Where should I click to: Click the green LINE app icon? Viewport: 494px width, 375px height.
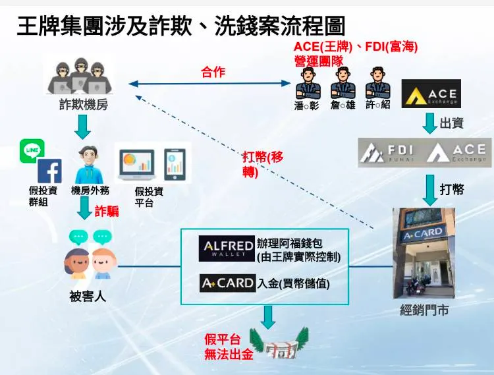32,150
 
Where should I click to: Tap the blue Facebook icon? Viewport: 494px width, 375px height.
49,171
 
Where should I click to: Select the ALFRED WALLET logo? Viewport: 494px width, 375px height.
227,248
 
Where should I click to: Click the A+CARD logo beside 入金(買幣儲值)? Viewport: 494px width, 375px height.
227,283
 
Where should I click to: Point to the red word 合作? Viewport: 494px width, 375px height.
213,72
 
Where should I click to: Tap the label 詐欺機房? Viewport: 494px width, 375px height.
83,105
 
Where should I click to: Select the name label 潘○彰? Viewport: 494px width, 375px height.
307,105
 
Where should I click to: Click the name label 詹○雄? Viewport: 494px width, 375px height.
342,105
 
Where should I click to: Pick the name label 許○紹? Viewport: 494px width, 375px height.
377,105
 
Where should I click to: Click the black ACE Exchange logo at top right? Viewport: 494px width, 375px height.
431,94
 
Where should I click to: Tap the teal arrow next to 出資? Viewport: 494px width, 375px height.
429,123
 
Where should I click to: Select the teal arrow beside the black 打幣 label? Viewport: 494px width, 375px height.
429,189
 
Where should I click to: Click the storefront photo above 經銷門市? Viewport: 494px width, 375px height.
423,253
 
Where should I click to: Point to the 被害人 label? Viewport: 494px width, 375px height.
88,297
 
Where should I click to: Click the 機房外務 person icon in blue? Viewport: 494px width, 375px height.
88,165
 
